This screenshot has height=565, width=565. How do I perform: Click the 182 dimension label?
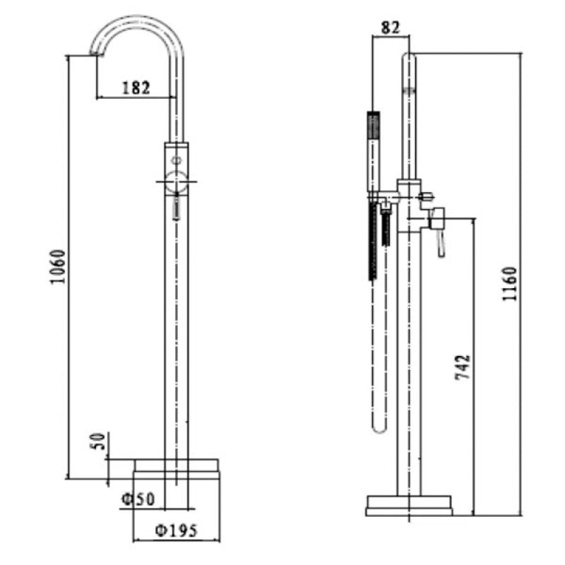(136, 88)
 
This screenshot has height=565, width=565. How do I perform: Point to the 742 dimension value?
(463, 367)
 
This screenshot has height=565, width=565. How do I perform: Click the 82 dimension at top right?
(390, 28)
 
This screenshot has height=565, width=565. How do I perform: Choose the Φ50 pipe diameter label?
(138, 498)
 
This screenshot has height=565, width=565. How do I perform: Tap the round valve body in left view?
(176, 182)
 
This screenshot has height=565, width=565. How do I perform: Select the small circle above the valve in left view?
(177, 160)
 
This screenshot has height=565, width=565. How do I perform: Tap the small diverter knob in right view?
(425, 196)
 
